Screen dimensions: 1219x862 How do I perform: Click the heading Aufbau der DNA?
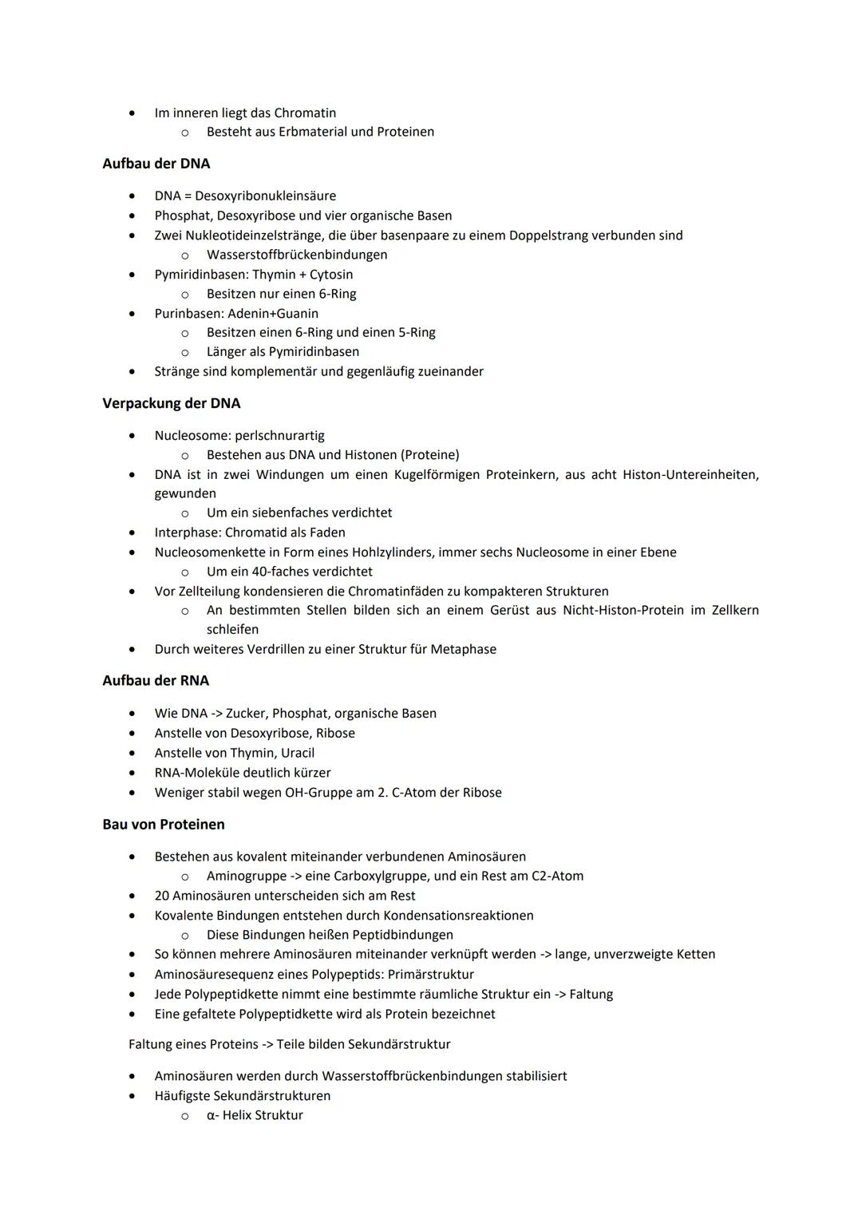point(156,164)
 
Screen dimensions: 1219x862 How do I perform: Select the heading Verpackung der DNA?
point(172,403)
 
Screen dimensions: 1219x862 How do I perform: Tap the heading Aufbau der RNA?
point(156,681)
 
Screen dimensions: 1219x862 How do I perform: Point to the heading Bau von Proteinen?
point(164,825)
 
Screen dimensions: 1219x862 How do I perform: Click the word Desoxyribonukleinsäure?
point(265,196)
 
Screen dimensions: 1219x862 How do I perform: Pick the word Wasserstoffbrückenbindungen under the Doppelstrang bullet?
point(297,255)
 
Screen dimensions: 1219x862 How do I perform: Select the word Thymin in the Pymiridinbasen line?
point(274,275)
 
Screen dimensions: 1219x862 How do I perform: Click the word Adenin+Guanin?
point(273,314)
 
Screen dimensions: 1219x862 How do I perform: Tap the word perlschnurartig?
point(279,436)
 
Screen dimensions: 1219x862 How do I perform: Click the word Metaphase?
point(463,650)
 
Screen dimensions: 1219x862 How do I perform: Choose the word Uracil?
point(298,754)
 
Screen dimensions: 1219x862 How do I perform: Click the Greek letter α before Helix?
point(211,1116)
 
